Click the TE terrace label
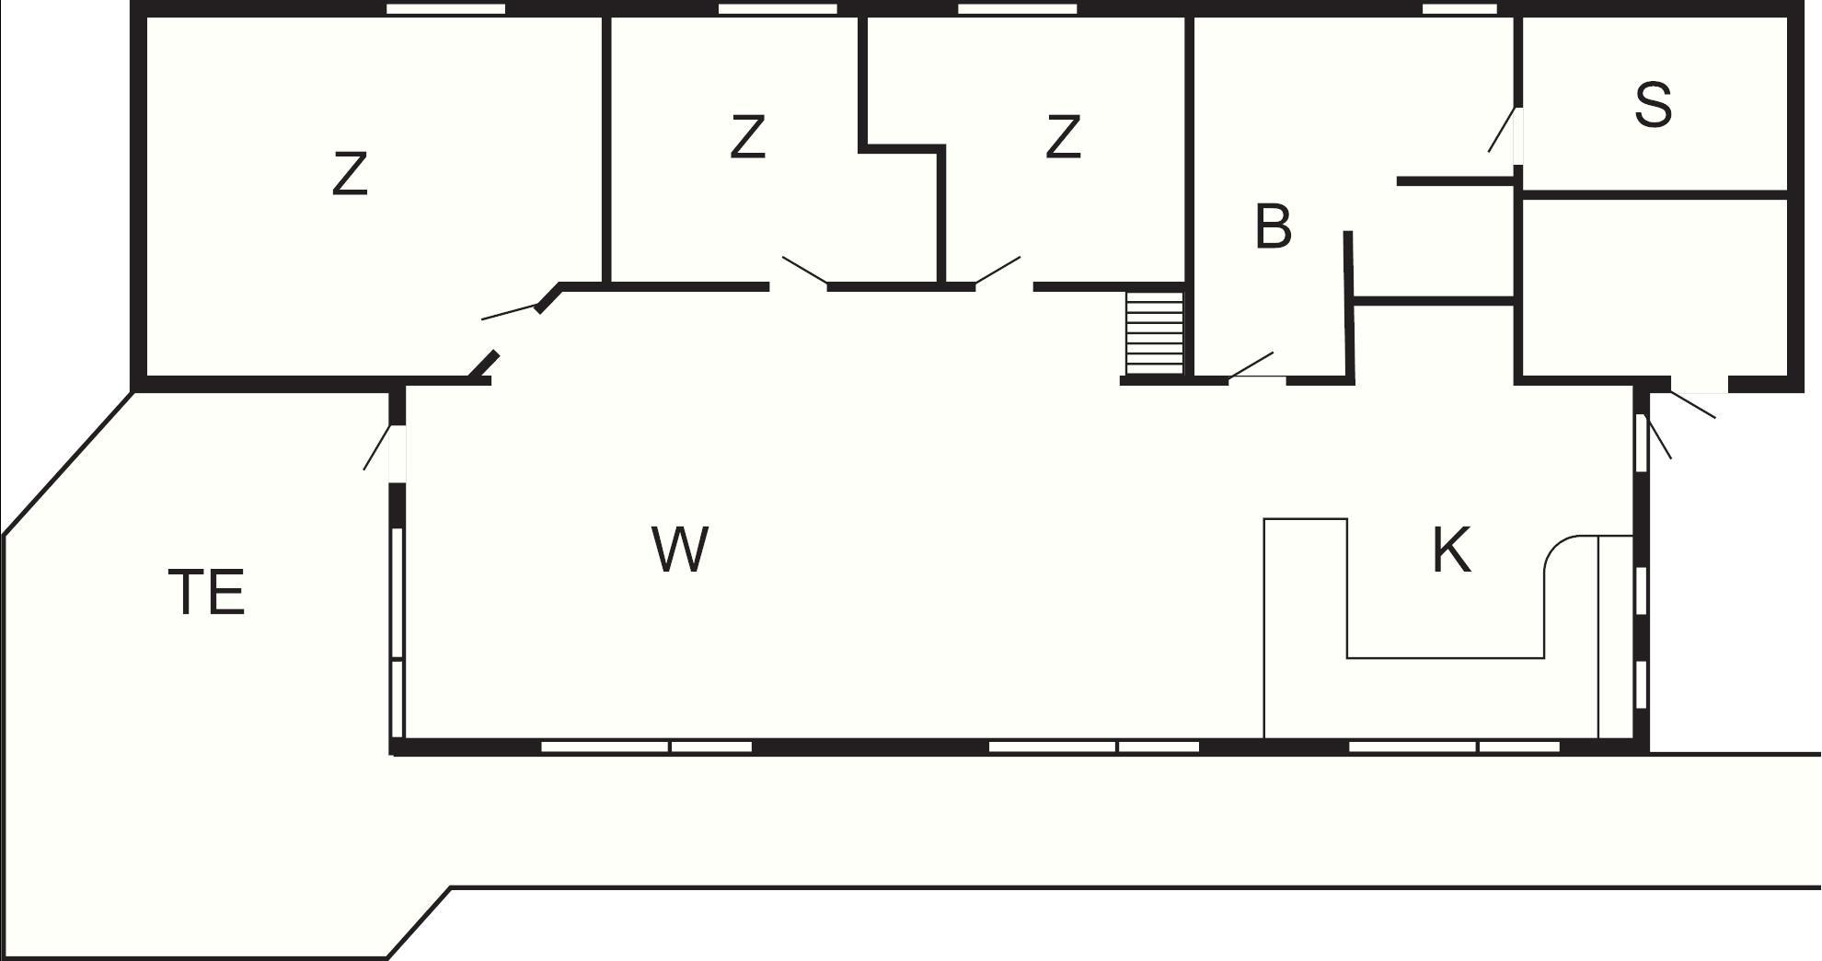[x=207, y=592]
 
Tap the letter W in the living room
[x=680, y=549]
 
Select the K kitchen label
[x=1451, y=550]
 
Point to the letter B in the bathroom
[x=1273, y=226]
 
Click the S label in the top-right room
[x=1653, y=104]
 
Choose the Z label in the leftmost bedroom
[x=350, y=174]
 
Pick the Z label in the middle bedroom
[x=747, y=136]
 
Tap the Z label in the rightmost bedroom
[x=1063, y=136]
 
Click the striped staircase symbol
[x=1154, y=333]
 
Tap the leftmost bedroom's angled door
[x=511, y=311]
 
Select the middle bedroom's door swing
[x=804, y=271]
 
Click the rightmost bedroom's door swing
[x=998, y=271]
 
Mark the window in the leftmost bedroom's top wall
[x=445, y=9]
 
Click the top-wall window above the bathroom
[x=1459, y=9]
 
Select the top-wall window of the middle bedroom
[x=778, y=9]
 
